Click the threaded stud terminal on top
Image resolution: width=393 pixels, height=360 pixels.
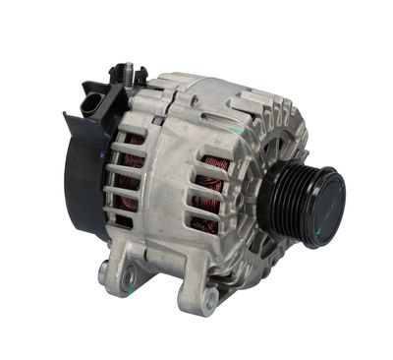[x=127, y=72]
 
